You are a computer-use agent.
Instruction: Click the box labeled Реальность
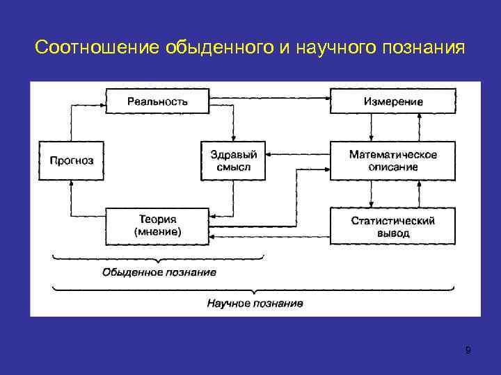[157, 101]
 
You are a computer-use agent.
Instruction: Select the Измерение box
[393, 101]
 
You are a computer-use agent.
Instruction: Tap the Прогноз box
[71, 161]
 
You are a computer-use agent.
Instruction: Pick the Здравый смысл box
[234, 161]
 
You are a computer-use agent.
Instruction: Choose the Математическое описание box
[393, 161]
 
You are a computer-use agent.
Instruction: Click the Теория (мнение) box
[157, 226]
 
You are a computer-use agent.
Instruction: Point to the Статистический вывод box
[393, 226]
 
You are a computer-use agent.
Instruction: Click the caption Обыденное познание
[159, 272]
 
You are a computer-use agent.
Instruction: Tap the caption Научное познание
[255, 303]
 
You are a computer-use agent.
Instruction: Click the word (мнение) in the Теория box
[157, 233]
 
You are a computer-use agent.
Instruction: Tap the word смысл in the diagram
[234, 167]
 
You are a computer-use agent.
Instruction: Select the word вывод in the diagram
[393, 233]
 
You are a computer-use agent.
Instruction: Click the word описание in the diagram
[393, 167]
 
